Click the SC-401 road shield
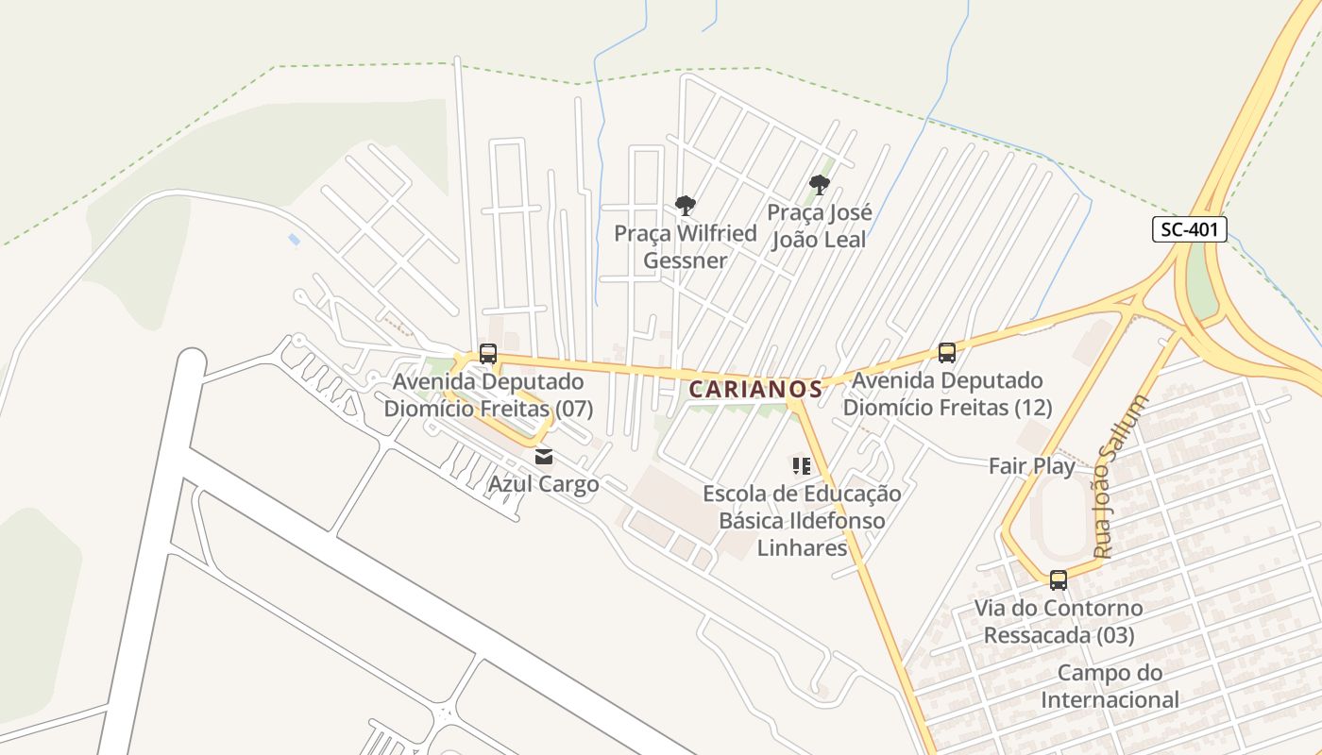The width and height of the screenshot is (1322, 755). tap(1189, 228)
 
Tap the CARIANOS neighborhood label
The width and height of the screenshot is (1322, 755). tap(754, 389)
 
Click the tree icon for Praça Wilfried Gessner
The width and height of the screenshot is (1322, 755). tap(686, 205)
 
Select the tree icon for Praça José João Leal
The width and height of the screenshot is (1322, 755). tap(819, 184)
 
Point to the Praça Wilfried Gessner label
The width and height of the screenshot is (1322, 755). tap(686, 246)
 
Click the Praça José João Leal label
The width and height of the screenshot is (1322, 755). tap(819, 226)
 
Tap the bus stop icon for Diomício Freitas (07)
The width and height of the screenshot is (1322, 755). tap(487, 354)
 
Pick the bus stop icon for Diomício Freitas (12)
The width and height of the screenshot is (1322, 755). tap(947, 353)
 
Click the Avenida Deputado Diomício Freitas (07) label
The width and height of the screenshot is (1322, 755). tap(488, 396)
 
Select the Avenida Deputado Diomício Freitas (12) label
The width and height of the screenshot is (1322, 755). tap(947, 394)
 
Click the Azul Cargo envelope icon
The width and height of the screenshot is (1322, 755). tap(544, 458)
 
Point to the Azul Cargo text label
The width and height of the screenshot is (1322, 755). tap(543, 484)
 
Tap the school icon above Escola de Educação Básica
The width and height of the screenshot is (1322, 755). tap(802, 465)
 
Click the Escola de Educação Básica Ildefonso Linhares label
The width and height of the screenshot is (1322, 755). tap(802, 520)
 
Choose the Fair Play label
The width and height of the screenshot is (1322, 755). tap(1031, 466)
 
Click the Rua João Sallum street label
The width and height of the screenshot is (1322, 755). tap(1121, 477)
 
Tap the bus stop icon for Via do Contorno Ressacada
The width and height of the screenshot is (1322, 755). tap(1059, 579)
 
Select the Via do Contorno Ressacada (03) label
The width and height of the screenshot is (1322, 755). tap(1059, 621)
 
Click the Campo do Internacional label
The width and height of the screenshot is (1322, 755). tap(1110, 686)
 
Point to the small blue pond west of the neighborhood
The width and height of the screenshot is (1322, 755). tap(295, 240)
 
